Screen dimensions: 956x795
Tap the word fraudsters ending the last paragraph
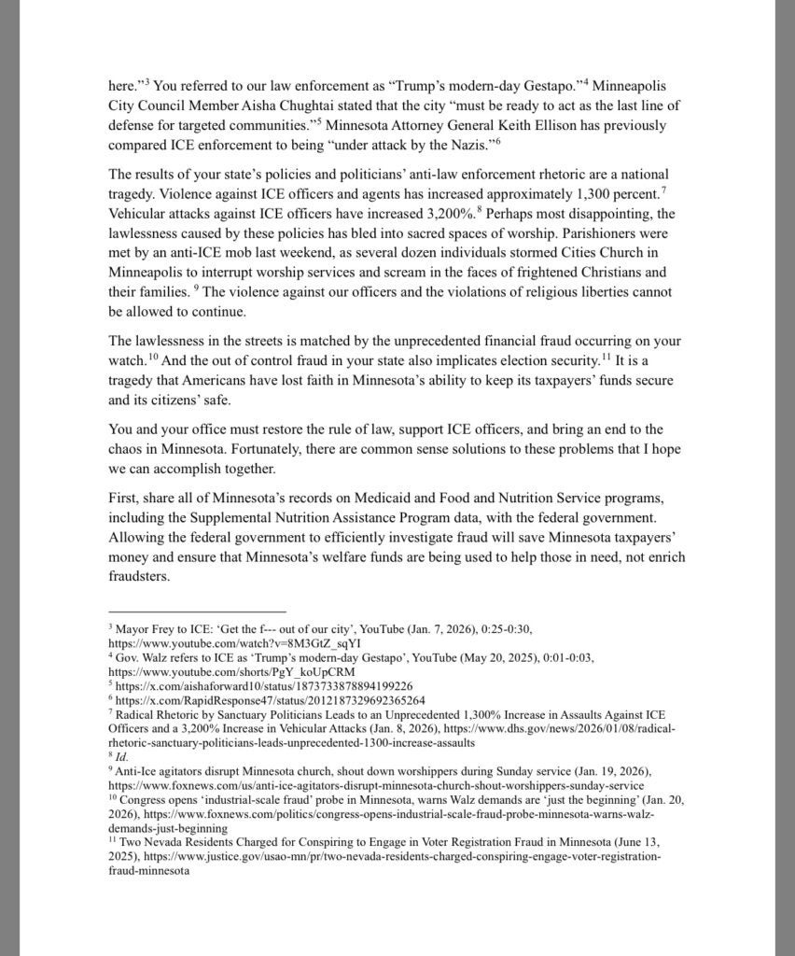pos(139,577)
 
